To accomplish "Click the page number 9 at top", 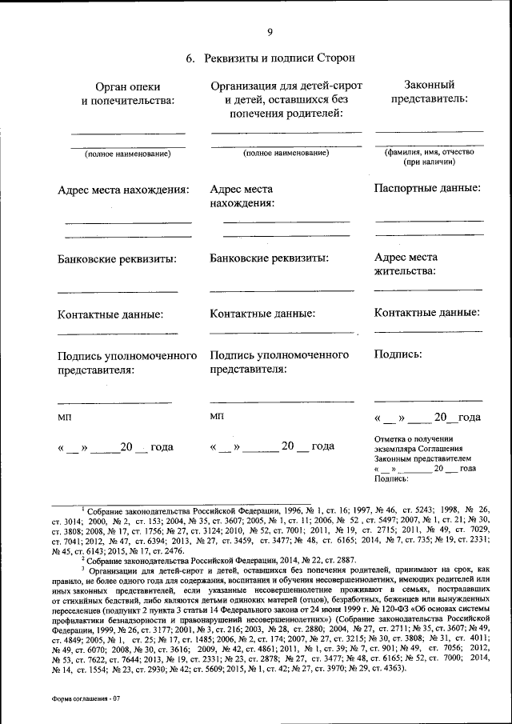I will (270, 32).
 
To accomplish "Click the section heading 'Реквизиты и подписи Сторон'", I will (279, 58).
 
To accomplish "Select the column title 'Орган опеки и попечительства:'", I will (128, 93).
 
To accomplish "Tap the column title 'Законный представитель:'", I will (429, 91).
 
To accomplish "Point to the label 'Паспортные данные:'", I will (427, 188).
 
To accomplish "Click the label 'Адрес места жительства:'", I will (406, 264).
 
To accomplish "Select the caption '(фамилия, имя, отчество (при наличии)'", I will (429, 156).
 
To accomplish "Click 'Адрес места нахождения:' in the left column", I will (123, 190).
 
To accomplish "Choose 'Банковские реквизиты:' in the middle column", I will (269, 258).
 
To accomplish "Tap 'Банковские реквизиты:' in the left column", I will (117, 259).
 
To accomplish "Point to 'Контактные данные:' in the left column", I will (110, 314).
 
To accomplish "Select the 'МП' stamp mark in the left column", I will (64, 417).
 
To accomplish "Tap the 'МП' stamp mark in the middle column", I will (217, 416).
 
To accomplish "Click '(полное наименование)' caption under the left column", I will (128, 153).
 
